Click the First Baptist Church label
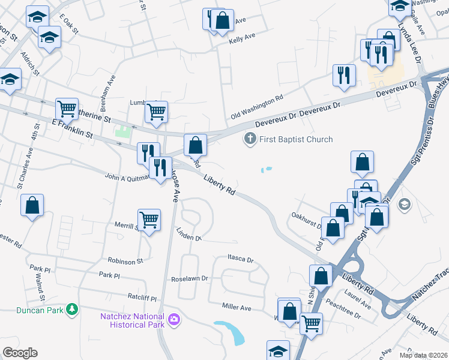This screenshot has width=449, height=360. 296,140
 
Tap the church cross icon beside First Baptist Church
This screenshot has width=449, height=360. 250,140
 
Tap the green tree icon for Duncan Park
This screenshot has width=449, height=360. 72,309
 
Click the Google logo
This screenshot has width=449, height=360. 20,353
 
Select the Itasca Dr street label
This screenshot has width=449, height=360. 241,260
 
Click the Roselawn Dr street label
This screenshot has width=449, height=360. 189,279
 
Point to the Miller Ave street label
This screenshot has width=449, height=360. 237,307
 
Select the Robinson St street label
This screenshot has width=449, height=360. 125,261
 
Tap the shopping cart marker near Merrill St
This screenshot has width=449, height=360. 148,220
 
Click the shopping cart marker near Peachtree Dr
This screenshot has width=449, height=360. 310,323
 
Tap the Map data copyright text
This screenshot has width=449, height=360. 423,355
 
